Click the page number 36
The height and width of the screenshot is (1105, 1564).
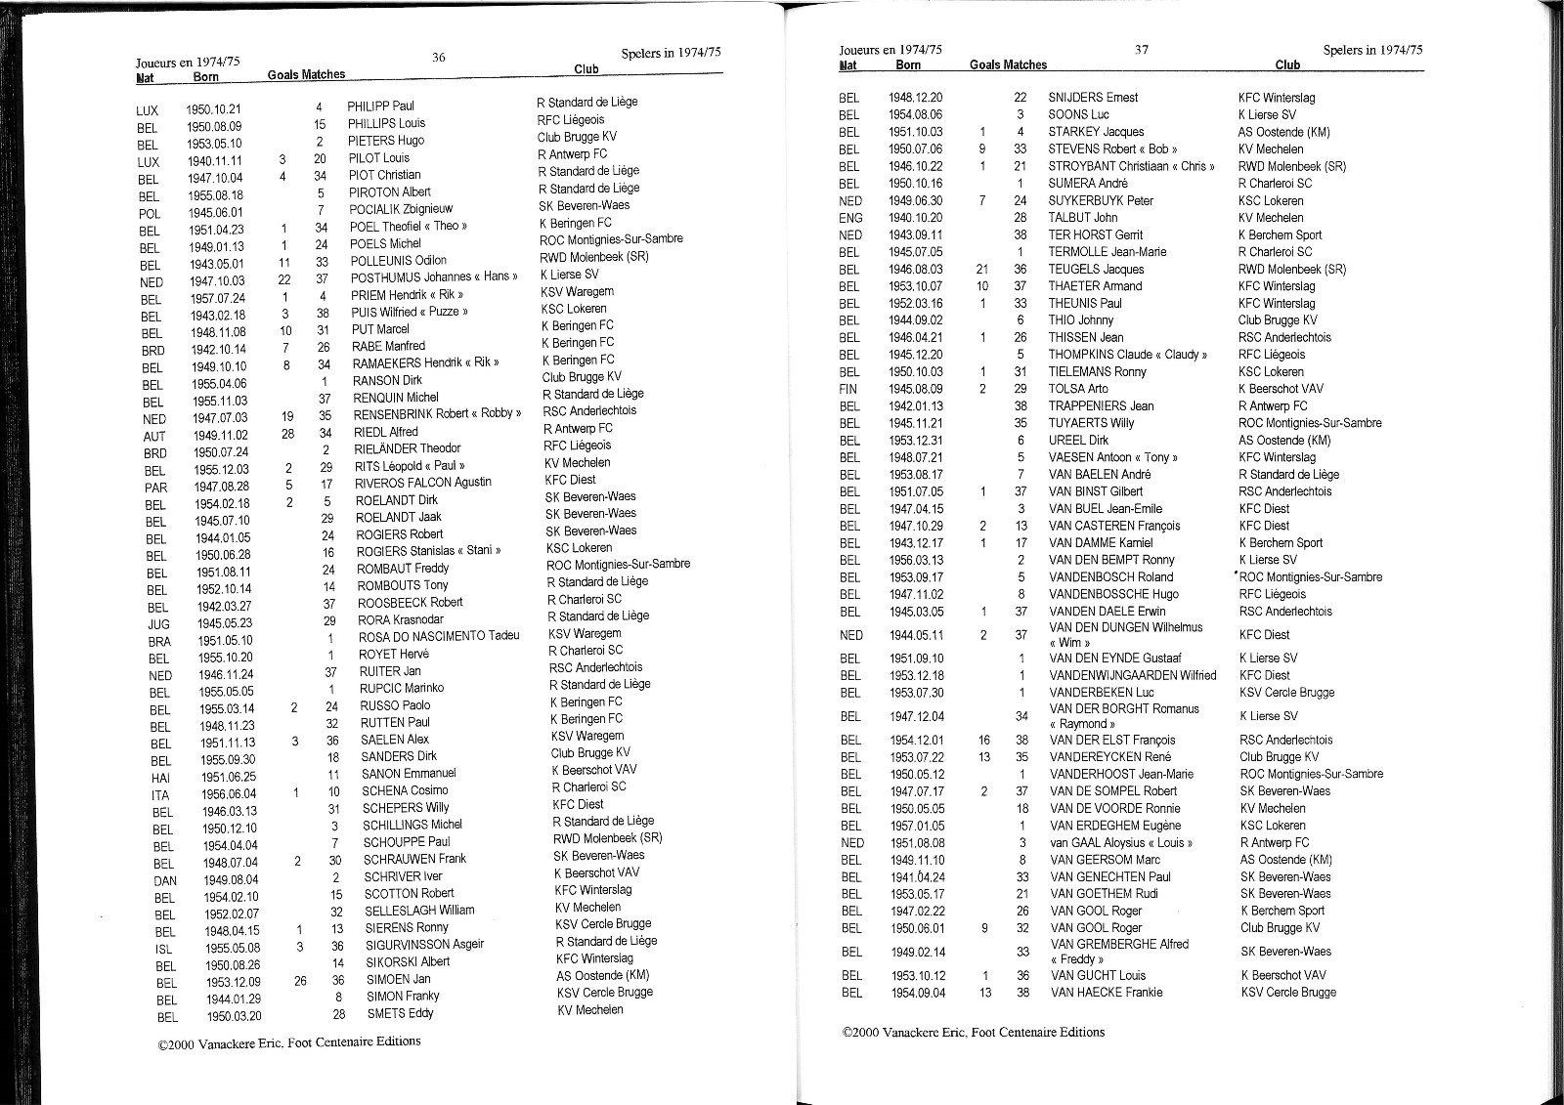tap(439, 58)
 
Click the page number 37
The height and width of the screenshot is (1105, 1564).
tap(1142, 50)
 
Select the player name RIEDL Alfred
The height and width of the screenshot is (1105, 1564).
tap(385, 432)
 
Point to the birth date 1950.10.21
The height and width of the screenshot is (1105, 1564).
tap(213, 109)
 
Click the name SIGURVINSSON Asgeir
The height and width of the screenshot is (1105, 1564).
tap(424, 945)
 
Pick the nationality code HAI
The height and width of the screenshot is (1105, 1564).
tap(160, 778)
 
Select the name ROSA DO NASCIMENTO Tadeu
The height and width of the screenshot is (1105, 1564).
tap(439, 637)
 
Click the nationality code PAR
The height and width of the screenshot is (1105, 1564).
tap(155, 488)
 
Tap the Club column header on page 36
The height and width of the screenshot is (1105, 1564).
tap(586, 69)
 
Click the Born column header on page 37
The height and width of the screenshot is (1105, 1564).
tap(908, 65)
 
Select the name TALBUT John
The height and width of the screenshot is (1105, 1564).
tap(1083, 218)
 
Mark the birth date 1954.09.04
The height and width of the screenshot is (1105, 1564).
tap(917, 993)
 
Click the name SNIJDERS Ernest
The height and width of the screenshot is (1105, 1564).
tap(1093, 98)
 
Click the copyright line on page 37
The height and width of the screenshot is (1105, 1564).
tap(974, 1032)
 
